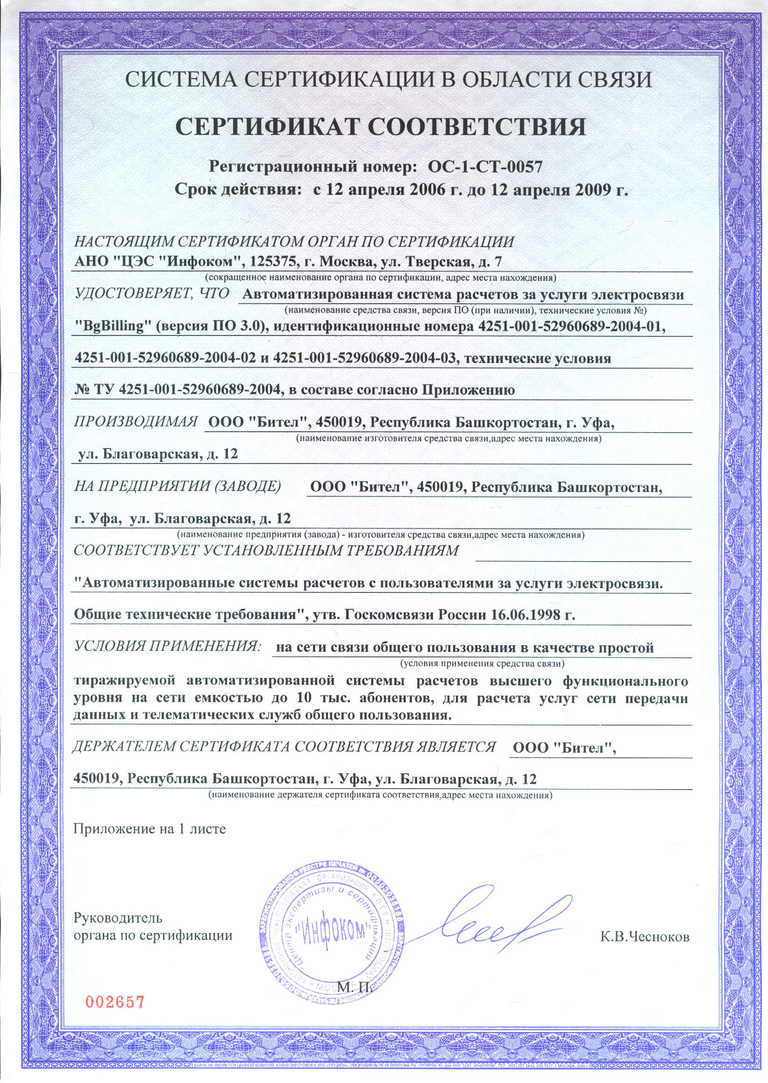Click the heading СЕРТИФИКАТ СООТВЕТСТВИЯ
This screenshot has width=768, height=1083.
[381, 127]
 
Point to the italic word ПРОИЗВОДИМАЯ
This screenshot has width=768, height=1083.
[136, 421]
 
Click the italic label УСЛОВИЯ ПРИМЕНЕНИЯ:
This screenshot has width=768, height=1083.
[168, 646]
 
